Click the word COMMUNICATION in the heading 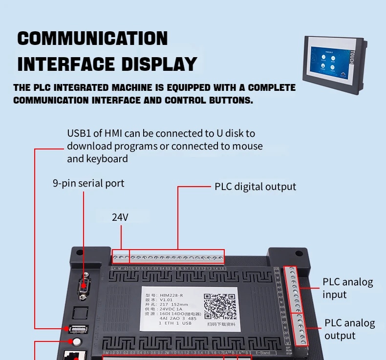[x=92, y=39]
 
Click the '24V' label [x=120, y=217]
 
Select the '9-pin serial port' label [x=88, y=184]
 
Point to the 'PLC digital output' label [x=255, y=187]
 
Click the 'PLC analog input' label [x=347, y=288]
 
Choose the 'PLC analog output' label [x=349, y=329]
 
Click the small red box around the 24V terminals [x=121, y=257]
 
